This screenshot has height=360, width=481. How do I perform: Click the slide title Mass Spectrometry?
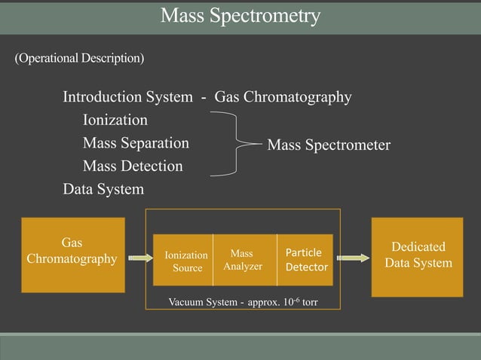pos(240,15)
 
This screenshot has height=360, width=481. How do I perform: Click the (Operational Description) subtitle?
pos(79,58)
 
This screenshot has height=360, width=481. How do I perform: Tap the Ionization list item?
pos(115,120)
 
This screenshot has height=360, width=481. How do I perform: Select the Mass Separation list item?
pos(136,142)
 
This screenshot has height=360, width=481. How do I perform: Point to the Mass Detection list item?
pos(133,166)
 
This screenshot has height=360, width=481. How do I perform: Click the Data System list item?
pos(103,189)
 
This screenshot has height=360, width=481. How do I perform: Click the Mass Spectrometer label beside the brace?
pos(329,145)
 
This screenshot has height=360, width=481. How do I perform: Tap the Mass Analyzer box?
pos(243,260)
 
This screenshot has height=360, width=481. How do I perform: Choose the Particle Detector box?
pos(306,260)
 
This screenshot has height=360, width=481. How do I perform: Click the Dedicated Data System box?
pos(418,256)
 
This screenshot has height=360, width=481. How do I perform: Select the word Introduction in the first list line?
pos(103,97)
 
